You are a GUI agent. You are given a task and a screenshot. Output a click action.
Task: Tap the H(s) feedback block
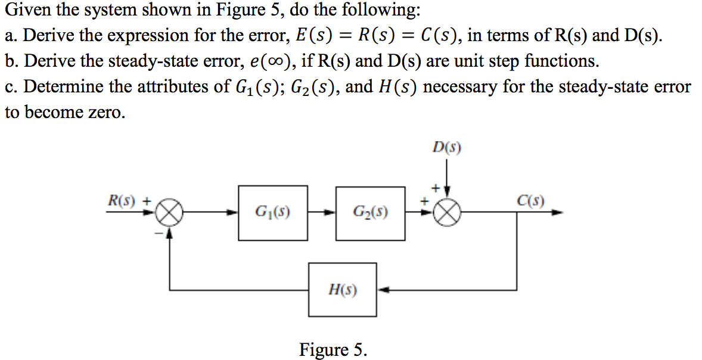click(343, 290)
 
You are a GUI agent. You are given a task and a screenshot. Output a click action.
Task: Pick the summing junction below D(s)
click(451, 213)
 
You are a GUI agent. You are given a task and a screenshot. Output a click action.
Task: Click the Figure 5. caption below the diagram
click(333, 349)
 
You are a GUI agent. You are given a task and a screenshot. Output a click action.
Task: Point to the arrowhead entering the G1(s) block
click(234, 213)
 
